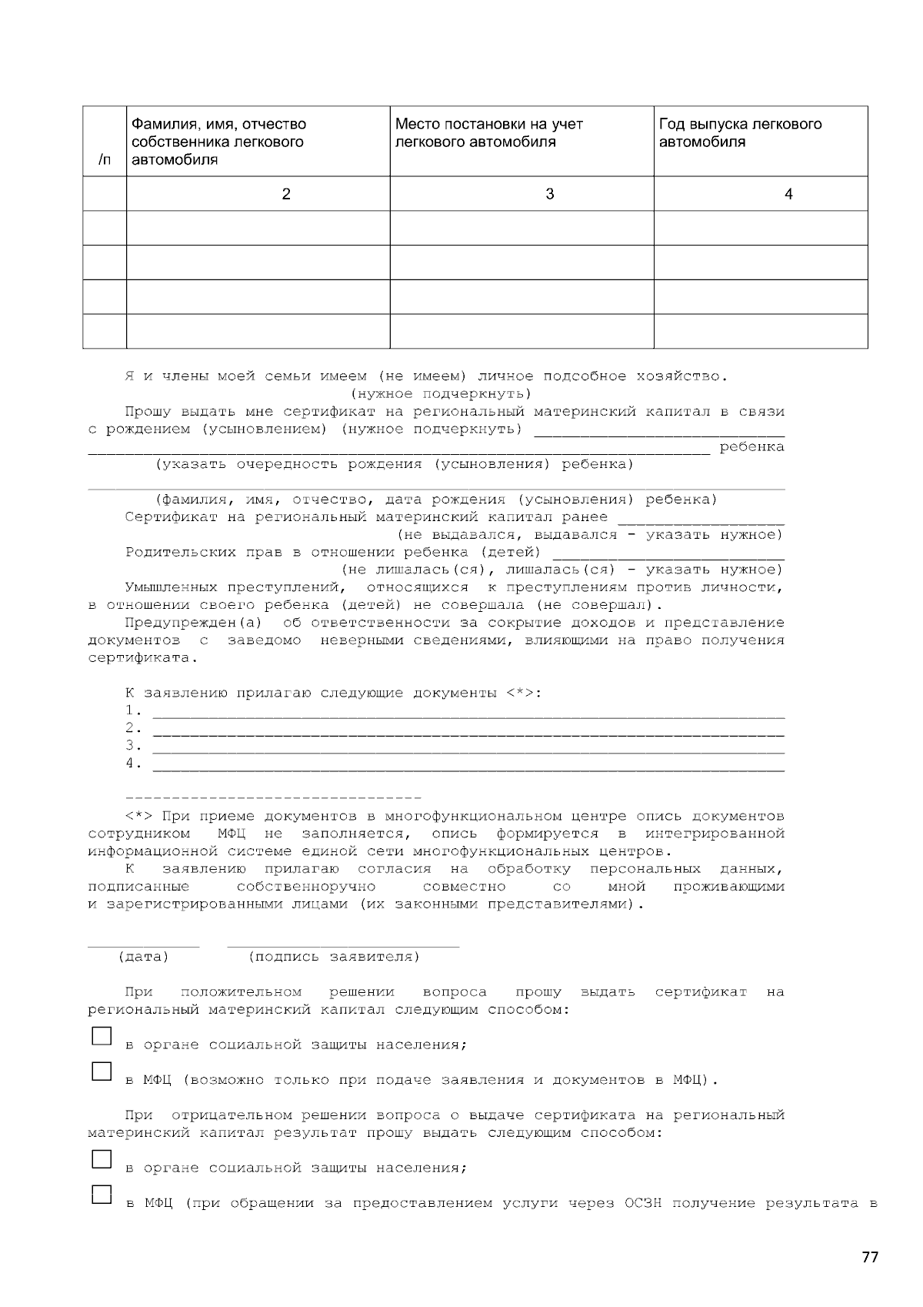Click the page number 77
click(x=869, y=1258)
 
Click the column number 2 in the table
click(x=286, y=194)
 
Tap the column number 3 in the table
click(x=549, y=194)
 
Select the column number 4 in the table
click(x=788, y=194)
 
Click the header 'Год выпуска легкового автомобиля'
click(x=740, y=133)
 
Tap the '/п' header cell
click(x=104, y=160)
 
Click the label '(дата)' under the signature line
click(x=143, y=957)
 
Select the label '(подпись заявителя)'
click(x=334, y=957)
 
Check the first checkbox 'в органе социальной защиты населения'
click(x=102, y=1036)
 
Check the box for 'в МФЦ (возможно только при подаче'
click(x=102, y=1071)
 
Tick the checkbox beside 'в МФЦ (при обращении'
click(x=102, y=1194)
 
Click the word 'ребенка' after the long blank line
click(x=751, y=447)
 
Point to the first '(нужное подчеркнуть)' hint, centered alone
click(x=441, y=394)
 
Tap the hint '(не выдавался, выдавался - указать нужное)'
click(x=589, y=535)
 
